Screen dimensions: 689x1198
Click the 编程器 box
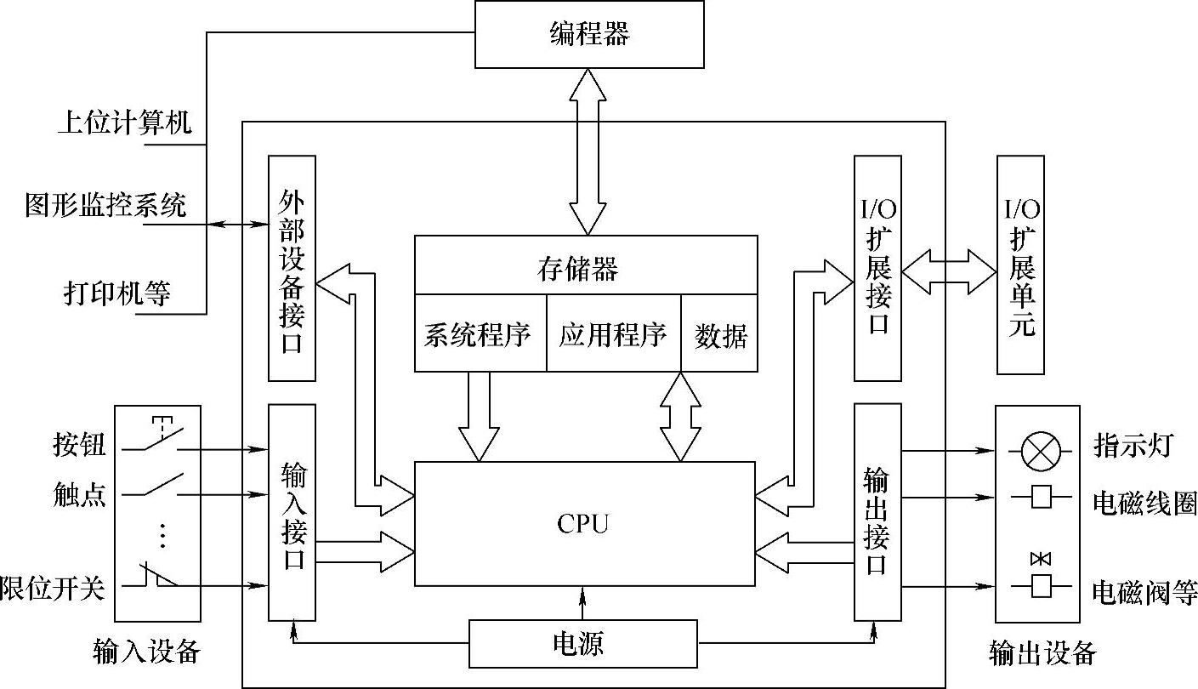coord(588,34)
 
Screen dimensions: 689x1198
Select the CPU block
coord(584,523)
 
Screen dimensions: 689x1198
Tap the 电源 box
coord(582,643)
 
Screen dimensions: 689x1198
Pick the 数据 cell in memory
coord(719,335)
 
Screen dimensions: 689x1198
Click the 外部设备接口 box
coord(292,268)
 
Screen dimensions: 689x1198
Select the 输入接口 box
coord(292,513)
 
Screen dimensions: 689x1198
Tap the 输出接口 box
coord(877,513)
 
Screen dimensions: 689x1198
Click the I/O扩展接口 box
coord(877,268)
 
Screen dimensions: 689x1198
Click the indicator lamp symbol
coord(1037,450)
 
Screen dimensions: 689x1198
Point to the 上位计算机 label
coord(125,122)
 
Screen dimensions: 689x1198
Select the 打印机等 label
coord(116,293)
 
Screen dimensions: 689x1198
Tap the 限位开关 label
coord(53,587)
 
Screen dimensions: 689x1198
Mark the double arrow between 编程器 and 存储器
coord(588,151)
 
